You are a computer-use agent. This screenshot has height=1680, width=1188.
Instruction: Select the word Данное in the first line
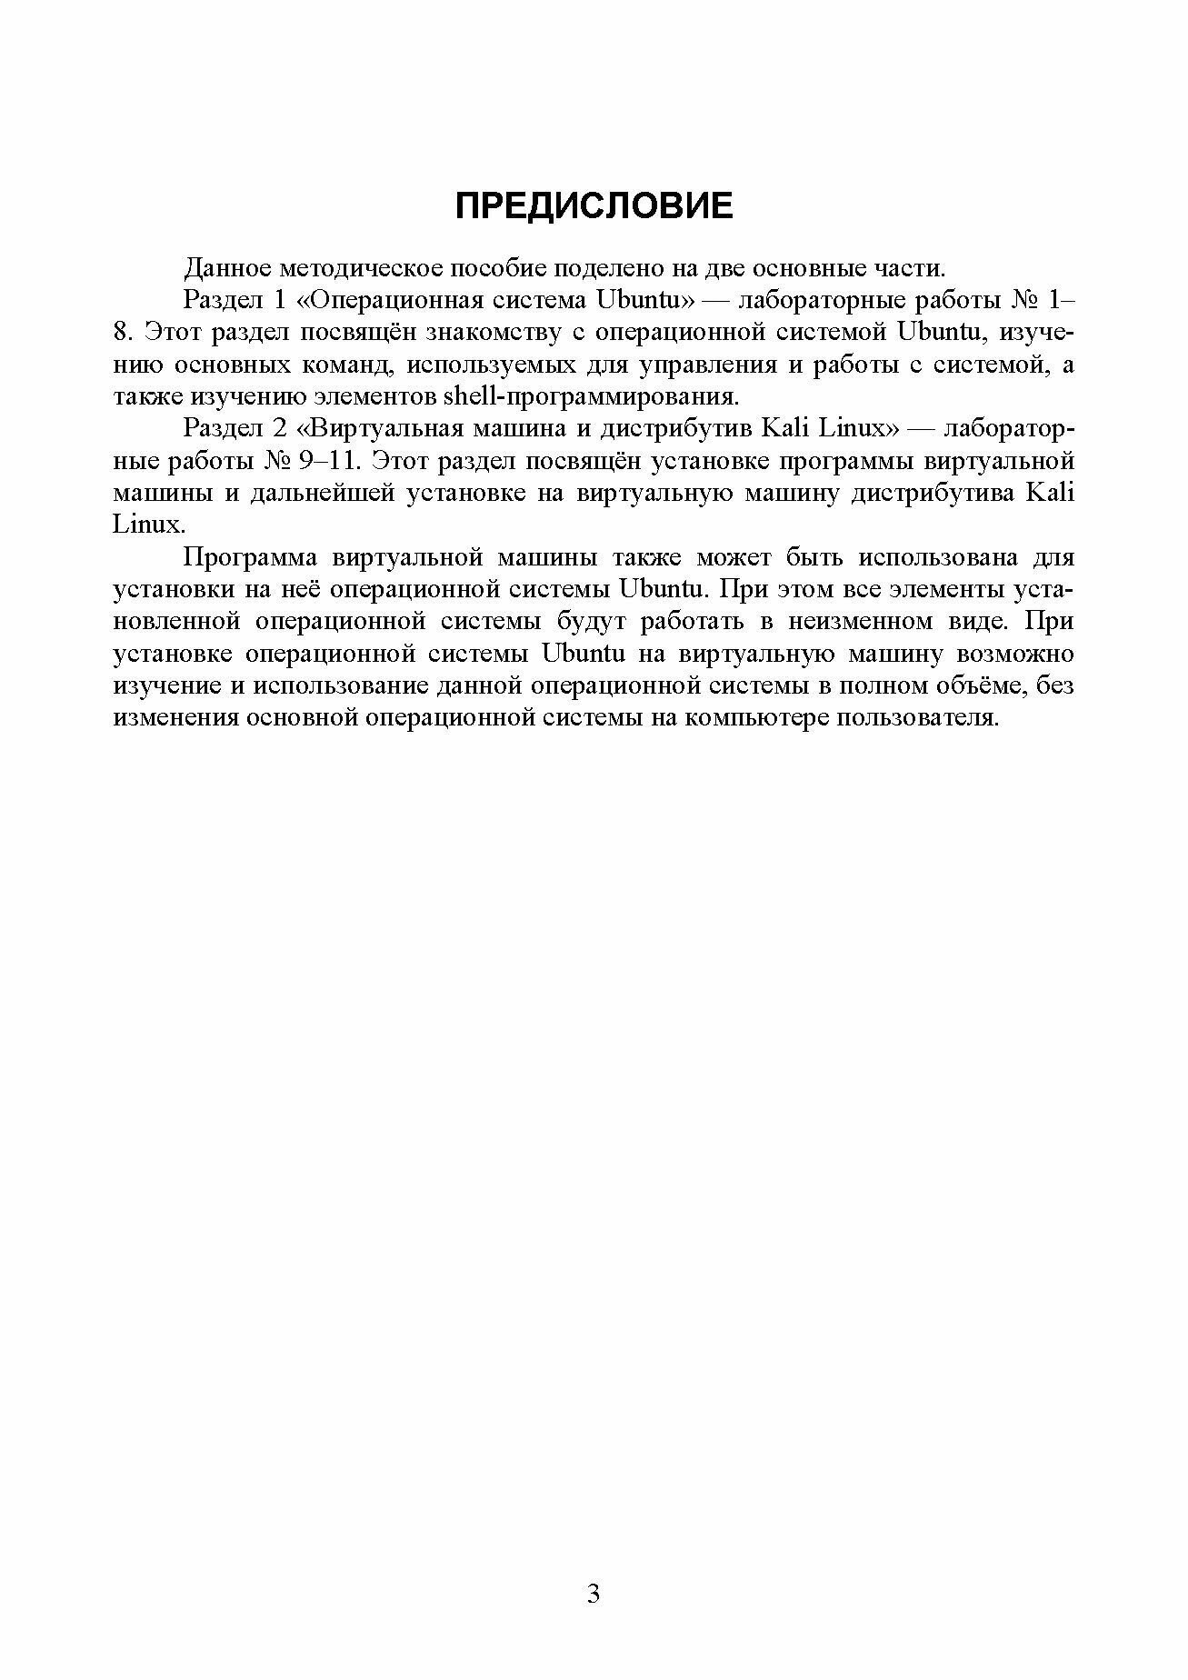[x=227, y=268]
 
